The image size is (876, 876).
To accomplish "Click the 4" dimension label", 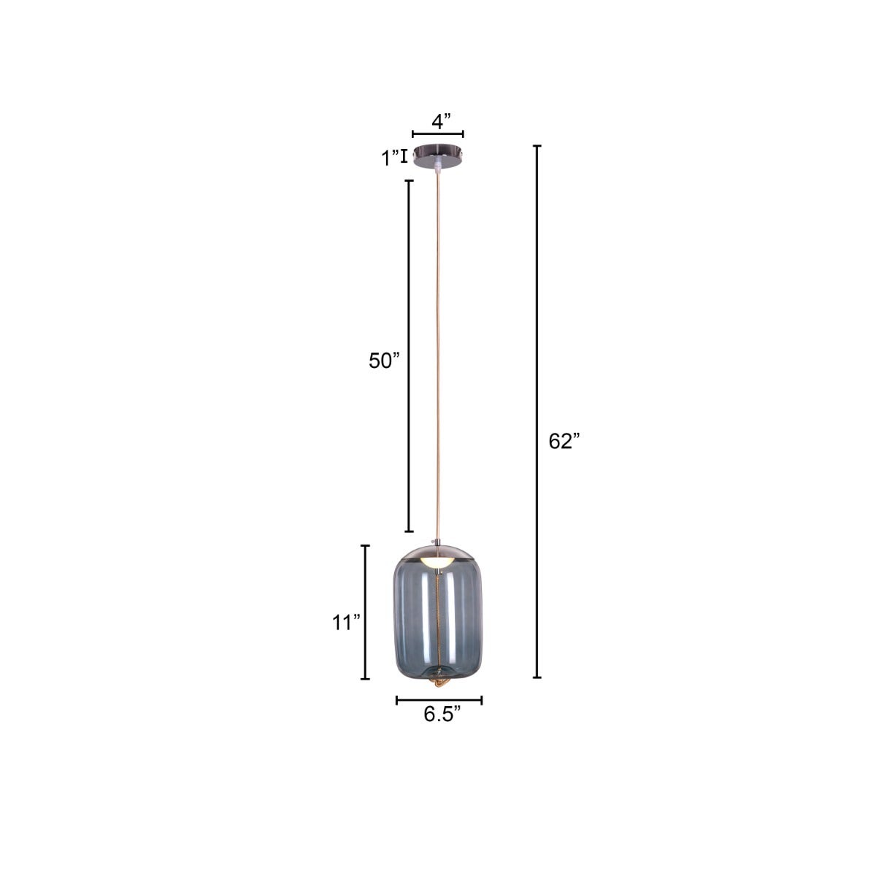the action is click(441, 121).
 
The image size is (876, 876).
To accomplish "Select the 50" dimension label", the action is click(384, 361).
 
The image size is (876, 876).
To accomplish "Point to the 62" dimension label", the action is click(564, 441).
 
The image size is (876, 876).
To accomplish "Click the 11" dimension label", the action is click(346, 623).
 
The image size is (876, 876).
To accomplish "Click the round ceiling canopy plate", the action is click(438, 155).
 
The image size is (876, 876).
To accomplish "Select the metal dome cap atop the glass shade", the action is click(437, 553).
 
